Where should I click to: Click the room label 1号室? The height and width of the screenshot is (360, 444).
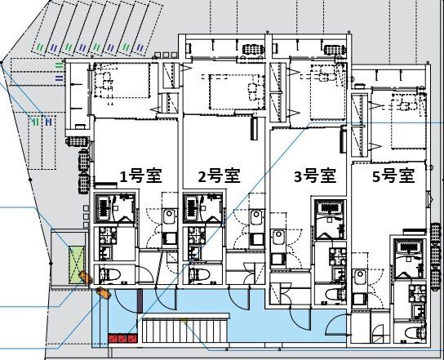point(139,176)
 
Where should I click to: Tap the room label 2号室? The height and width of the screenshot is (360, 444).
point(219,176)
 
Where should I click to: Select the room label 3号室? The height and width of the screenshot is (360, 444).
point(315,176)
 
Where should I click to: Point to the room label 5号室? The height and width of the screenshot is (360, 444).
point(394,176)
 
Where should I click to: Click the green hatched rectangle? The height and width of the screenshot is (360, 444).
point(77,259)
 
